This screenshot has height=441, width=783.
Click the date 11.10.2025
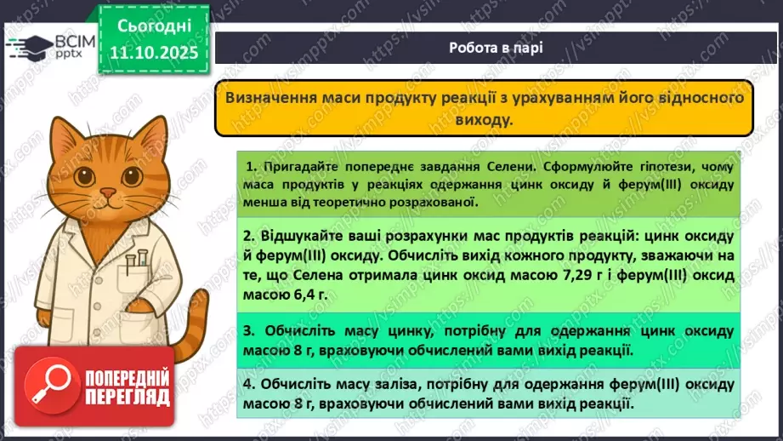coord(154,54)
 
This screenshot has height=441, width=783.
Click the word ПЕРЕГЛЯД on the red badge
coord(127,396)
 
